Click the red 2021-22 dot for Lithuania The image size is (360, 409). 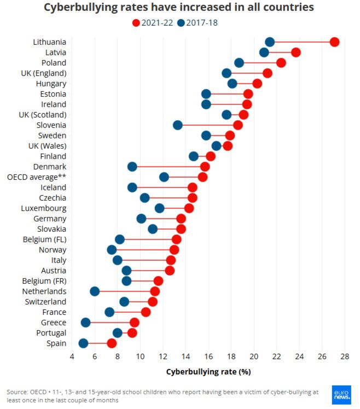tap(334, 42)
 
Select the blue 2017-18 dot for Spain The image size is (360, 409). tap(83, 343)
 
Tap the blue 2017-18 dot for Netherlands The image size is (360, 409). tap(95, 291)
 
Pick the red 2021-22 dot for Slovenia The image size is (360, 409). tap(238, 125)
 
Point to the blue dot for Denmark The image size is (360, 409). tap(132, 167)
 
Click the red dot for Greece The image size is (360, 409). tap(135, 323)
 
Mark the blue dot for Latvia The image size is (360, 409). tap(264, 52)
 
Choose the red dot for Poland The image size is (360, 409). tap(281, 63)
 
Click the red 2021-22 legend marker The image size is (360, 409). tap(136, 22)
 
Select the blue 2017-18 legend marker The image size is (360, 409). tap(181, 22)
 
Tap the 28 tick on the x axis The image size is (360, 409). tap(345, 357)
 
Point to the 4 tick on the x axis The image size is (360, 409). tap(72, 357)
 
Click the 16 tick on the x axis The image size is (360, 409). tap(208, 357)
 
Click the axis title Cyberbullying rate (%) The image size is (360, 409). tap(208, 372)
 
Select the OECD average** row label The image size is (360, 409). tap(37, 177)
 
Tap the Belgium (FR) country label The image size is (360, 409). tap(44, 281)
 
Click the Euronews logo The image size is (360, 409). tap(341, 395)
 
